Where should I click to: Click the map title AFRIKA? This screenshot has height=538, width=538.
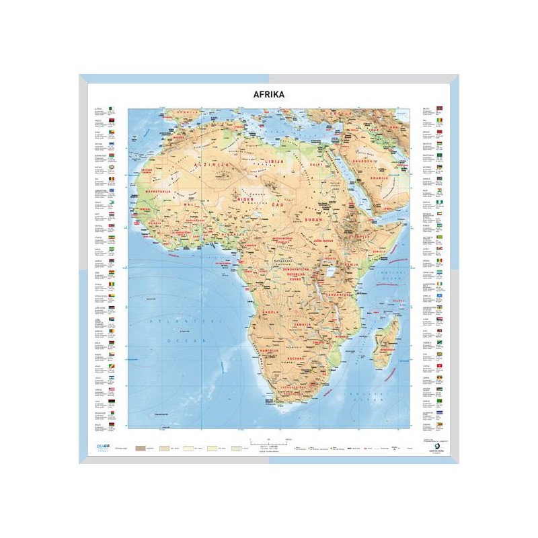(269, 95)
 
